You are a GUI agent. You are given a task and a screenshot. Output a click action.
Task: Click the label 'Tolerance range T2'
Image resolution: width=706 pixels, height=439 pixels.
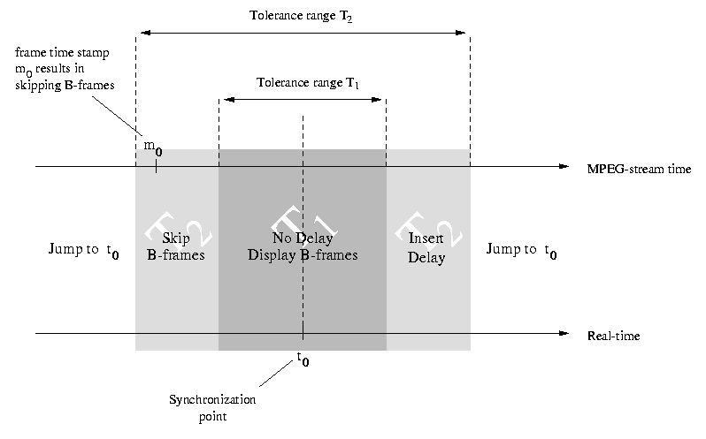click(x=303, y=16)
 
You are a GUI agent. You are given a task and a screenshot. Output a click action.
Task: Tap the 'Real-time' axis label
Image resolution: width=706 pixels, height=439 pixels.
click(x=613, y=337)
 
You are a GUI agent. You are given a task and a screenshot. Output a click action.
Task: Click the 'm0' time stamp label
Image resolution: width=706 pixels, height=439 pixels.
click(x=153, y=147)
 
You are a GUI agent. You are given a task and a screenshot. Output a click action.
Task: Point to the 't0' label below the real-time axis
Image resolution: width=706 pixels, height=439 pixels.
click(x=303, y=359)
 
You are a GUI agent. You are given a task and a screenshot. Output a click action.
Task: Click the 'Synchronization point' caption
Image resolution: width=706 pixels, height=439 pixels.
click(x=212, y=406)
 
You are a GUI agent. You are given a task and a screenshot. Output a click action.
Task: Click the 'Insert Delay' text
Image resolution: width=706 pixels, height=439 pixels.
click(x=426, y=248)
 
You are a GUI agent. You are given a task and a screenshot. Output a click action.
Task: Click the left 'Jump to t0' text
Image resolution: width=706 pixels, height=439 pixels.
click(x=84, y=251)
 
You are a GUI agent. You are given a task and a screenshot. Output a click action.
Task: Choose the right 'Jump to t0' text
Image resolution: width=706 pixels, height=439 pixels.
click(x=523, y=251)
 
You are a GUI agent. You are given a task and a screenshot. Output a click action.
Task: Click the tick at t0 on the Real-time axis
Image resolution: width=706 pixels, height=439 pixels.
click(x=303, y=334)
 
